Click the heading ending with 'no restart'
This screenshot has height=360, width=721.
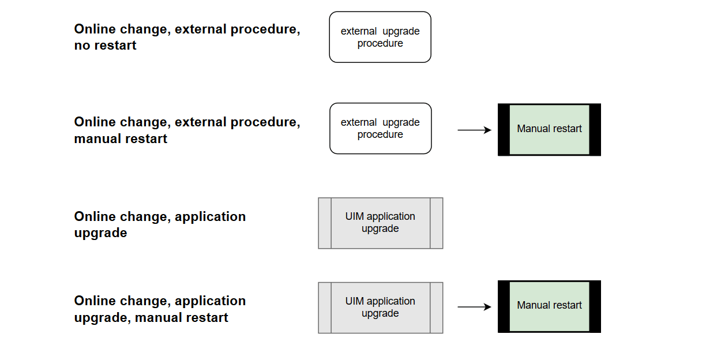(187, 37)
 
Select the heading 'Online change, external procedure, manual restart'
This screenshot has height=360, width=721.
(187, 130)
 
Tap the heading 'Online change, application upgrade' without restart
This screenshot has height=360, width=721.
(160, 224)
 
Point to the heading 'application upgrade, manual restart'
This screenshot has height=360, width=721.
(160, 309)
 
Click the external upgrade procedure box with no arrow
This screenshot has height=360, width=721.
(380, 37)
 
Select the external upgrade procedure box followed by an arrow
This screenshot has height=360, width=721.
(380, 129)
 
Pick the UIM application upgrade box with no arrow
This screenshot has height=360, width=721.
(380, 223)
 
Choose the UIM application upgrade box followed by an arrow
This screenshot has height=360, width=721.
(380, 307)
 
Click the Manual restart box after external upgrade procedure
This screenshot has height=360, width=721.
(549, 129)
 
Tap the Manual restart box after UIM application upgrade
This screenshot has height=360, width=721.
(549, 306)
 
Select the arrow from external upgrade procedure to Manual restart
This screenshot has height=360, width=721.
(474, 130)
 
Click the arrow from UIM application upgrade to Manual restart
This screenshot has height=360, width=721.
(474, 307)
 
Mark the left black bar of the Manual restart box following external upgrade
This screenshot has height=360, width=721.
(504, 130)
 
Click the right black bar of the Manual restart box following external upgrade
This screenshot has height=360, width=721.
(595, 130)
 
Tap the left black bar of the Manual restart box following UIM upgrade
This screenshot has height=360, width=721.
(504, 306)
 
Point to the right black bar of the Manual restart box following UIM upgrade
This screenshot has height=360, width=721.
(595, 306)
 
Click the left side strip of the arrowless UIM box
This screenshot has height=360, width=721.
(325, 223)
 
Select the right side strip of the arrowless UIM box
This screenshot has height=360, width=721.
(437, 223)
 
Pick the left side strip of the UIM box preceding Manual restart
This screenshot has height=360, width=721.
(325, 307)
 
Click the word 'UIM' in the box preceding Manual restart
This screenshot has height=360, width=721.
(355, 301)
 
